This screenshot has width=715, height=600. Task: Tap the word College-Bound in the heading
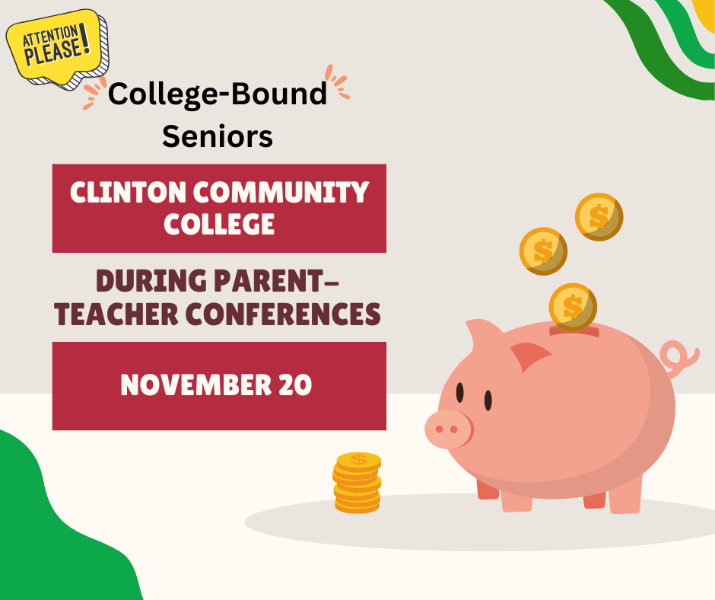(x=218, y=94)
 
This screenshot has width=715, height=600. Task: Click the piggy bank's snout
(x=447, y=429)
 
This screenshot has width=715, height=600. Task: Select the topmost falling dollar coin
(x=599, y=216)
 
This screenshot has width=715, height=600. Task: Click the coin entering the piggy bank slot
(x=573, y=306)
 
